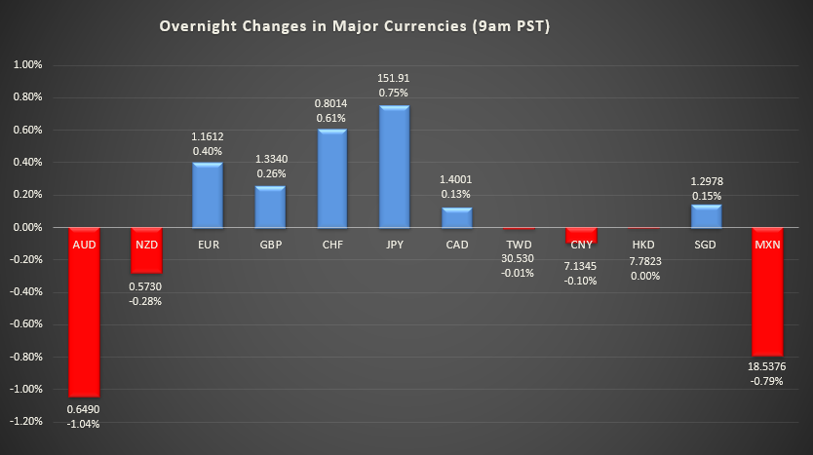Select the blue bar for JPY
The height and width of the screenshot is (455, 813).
(395, 166)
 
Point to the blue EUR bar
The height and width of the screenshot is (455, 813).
(208, 194)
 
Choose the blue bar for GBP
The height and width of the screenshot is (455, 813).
(270, 206)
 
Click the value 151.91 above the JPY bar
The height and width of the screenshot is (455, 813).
(395, 77)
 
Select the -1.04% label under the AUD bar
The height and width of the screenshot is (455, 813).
(83, 424)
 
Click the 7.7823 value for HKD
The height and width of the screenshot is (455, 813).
(644, 261)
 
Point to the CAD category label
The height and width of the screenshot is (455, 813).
(457, 245)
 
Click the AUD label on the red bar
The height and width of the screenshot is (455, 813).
(83, 245)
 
